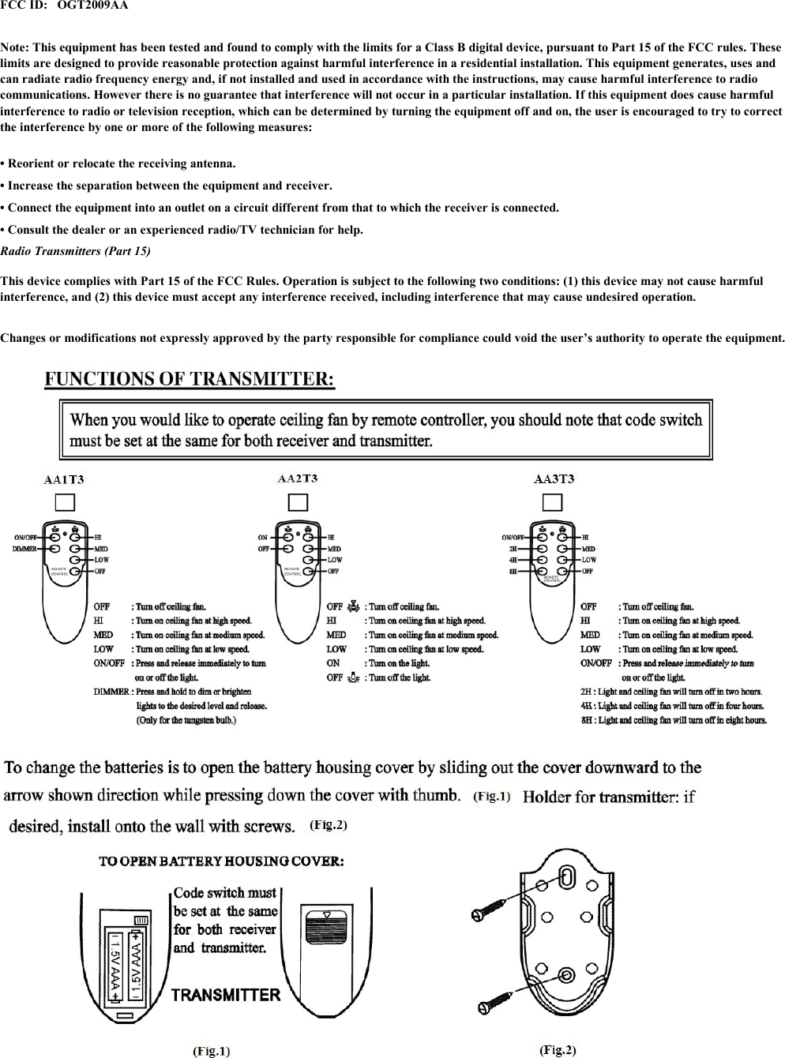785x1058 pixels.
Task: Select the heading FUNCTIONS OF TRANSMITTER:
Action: [x=190, y=379]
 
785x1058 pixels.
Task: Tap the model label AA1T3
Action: [x=64, y=479]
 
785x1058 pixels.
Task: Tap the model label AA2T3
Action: [x=298, y=478]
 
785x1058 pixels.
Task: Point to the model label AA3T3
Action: [x=554, y=479]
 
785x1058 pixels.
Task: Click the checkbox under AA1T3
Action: [x=64, y=503]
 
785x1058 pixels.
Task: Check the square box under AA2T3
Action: [x=298, y=503]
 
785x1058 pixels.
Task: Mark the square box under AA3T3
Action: [x=552, y=503]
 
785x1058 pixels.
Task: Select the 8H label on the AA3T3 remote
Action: [x=513, y=571]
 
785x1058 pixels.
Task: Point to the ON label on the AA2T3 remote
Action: [x=263, y=538]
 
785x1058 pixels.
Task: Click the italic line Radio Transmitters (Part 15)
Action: [x=75, y=251]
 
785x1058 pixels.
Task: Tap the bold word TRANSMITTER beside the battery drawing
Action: [x=226, y=995]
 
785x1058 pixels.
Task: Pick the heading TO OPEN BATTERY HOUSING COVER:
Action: [x=221, y=861]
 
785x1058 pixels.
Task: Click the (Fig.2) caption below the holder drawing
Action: [x=558, y=1049]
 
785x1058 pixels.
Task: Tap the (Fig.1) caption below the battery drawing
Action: [x=212, y=1051]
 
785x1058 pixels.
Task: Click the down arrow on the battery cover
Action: [x=328, y=914]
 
